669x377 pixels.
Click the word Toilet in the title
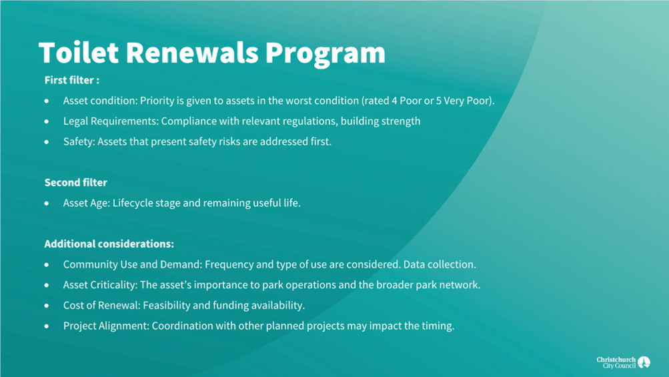pyautogui.click(x=79, y=53)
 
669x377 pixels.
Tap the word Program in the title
pyautogui.click(x=325, y=55)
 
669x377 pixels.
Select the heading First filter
pyautogui.click(x=71, y=80)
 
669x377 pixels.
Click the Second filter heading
pyautogui.click(x=75, y=182)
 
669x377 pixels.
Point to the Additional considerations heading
pyautogui.click(x=109, y=244)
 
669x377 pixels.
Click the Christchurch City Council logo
pyautogui.click(x=623, y=362)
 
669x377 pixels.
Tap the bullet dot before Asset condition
pyautogui.click(x=47, y=101)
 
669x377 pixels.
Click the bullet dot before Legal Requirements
pyautogui.click(x=47, y=121)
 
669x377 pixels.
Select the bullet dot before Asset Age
pyautogui.click(x=47, y=204)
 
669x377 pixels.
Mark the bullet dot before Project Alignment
pyautogui.click(x=47, y=326)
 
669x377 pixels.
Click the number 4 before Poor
pyautogui.click(x=394, y=101)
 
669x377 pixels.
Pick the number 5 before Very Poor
pyautogui.click(x=439, y=101)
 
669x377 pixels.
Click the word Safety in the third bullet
pyautogui.click(x=79, y=141)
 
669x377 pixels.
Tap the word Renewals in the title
pyautogui.click(x=192, y=53)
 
